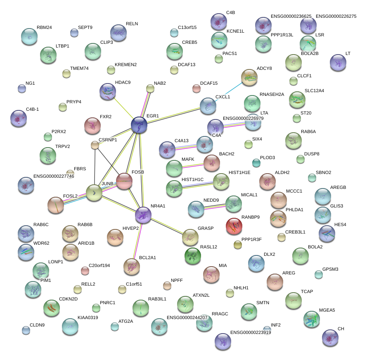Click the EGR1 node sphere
tap(139, 125)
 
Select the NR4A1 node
tap(143, 215)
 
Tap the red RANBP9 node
tap(234, 225)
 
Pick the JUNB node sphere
tap(95, 193)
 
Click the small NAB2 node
tap(150, 88)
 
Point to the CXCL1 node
tap(208, 106)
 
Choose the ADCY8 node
tap(249, 77)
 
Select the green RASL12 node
tap(192, 256)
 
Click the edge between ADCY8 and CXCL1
tap(228, 92)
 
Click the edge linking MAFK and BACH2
tap(193, 165)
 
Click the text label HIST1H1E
tap(239, 172)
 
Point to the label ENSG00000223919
tap(251, 332)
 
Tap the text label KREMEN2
tap(125, 64)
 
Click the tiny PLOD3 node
tap(256, 163)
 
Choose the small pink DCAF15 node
tap(197, 88)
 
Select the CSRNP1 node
tap(95, 145)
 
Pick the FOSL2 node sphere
tap(56, 205)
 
